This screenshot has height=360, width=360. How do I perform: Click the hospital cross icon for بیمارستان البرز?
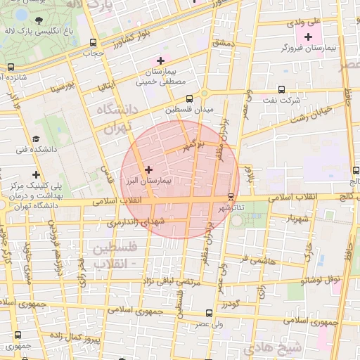point(148,169)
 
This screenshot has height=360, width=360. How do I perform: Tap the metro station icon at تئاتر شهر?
point(231,196)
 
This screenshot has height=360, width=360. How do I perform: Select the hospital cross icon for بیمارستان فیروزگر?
point(309,35)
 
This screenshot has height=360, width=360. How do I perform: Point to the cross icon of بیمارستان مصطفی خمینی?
point(161,60)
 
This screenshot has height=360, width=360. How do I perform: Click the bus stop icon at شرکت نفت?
point(281,89)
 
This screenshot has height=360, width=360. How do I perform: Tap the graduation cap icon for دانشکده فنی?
point(36,139)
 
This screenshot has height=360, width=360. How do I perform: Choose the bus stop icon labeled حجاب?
point(94,42)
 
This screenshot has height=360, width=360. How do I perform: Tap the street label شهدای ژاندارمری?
point(131,222)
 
